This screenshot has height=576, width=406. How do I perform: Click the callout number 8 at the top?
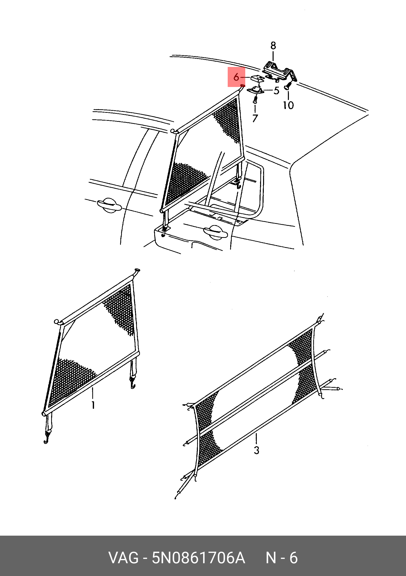coord(273,46)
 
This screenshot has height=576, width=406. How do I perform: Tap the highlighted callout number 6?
coord(236,77)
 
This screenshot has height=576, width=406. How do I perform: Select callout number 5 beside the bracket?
coord(277,90)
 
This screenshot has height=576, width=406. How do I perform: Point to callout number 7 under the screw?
coord(255,118)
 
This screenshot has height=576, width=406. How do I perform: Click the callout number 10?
coord(288,105)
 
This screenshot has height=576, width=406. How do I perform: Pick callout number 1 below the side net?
coord(93,405)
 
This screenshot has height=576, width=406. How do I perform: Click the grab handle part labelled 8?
coord(280,71)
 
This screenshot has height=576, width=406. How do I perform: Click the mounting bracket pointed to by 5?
coord(256,90)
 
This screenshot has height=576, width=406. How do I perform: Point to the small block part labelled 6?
coord(257,78)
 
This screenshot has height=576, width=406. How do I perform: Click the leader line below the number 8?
coord(273,56)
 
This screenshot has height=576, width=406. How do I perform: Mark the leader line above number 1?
coord(93,393)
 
